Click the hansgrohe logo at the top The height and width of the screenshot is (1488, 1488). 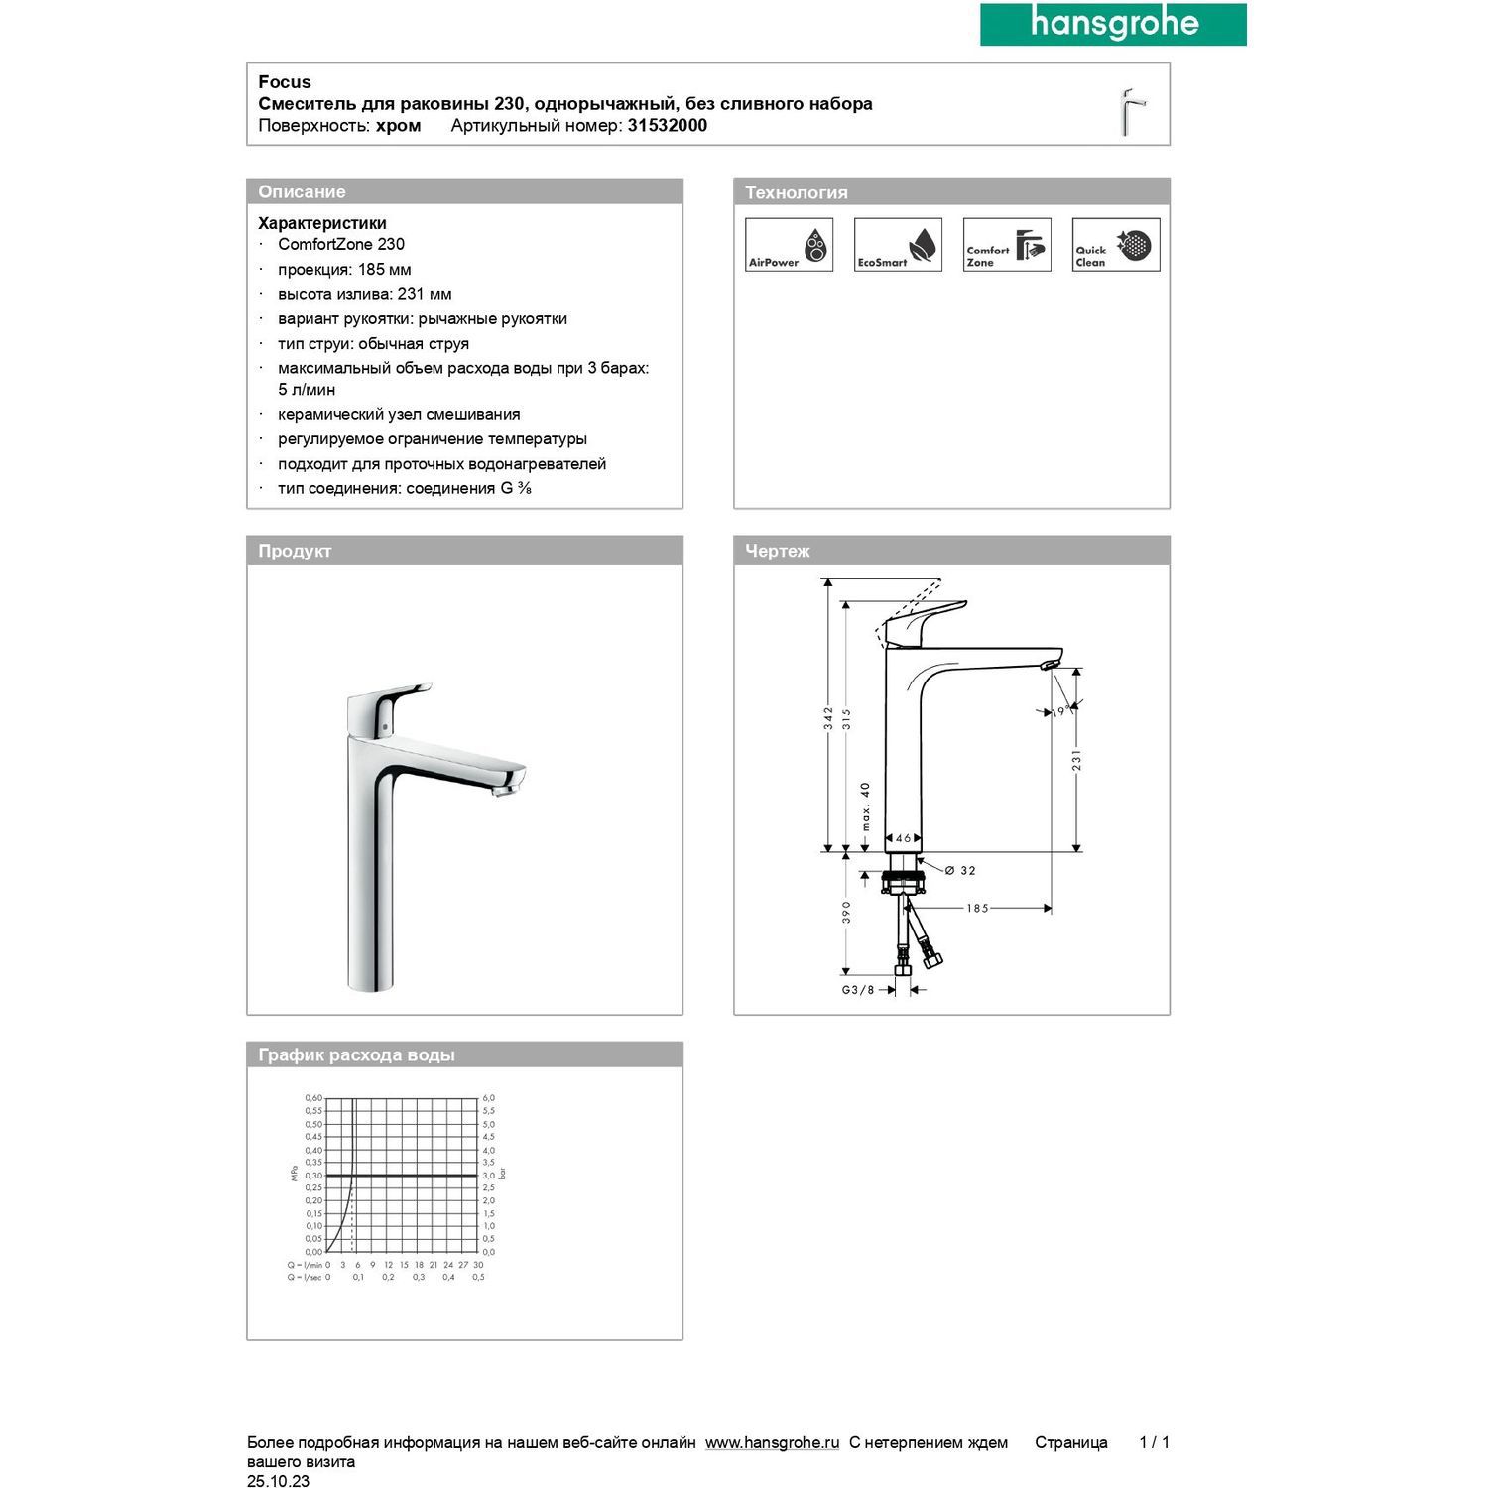tap(1113, 24)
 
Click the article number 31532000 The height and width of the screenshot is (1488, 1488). tap(667, 126)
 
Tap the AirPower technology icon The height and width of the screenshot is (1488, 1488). tap(789, 245)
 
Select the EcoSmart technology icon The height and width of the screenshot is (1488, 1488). tap(898, 245)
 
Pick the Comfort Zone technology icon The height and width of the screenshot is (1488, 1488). tap(1007, 245)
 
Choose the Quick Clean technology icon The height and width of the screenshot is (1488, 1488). tap(1116, 245)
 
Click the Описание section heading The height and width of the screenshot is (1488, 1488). tap(302, 192)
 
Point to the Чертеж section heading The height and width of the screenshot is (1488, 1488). tap(778, 551)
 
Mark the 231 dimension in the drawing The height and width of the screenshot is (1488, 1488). tap(1076, 760)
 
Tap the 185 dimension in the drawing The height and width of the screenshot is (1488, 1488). tap(977, 908)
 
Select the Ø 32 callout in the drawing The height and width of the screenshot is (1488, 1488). tap(960, 871)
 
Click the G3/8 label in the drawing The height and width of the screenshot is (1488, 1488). tap(858, 990)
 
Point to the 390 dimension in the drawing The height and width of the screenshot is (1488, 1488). tap(846, 912)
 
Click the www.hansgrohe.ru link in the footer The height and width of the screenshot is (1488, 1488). tap(772, 1443)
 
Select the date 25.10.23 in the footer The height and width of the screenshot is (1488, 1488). tap(278, 1481)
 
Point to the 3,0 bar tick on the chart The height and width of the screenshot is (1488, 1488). tap(489, 1176)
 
